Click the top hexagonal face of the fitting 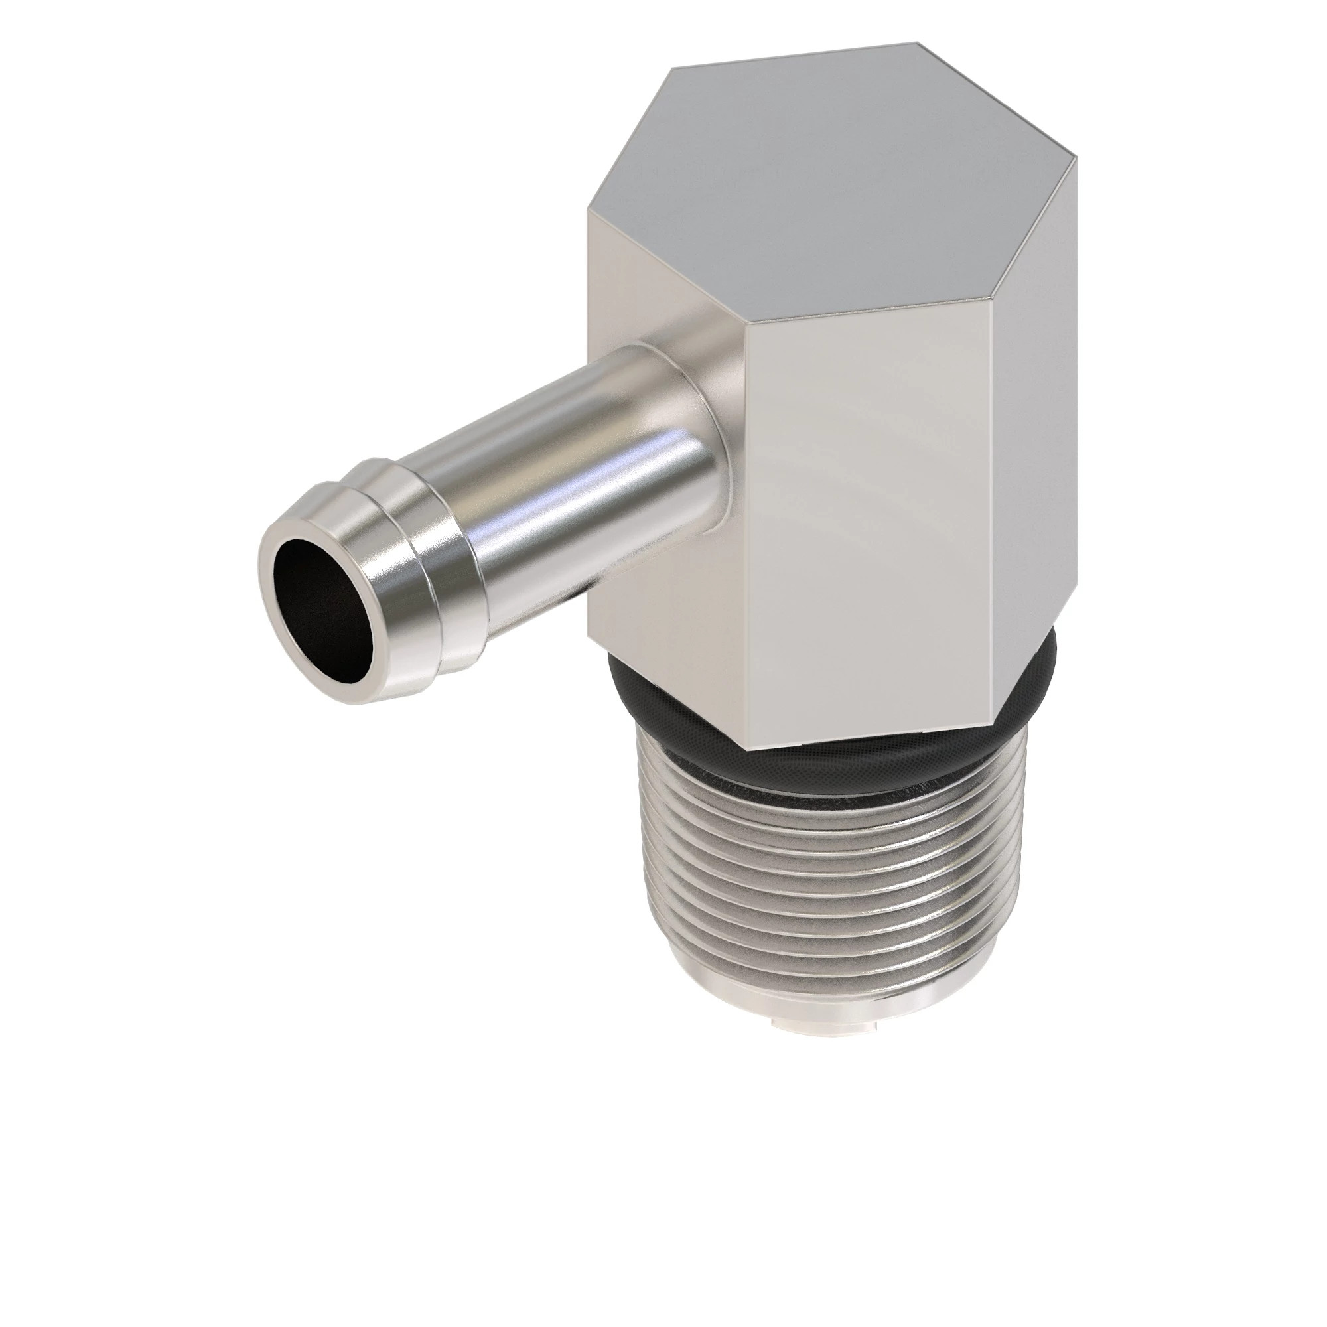point(824,186)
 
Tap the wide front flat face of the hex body point(865,529)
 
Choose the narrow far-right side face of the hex point(1030,426)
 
